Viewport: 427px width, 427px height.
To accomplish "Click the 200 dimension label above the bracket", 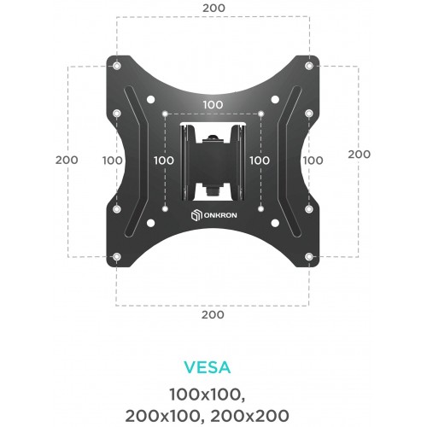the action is click(x=213, y=8).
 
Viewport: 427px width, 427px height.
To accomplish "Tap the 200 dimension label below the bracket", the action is click(x=213, y=315).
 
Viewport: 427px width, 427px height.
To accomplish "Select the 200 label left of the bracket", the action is click(x=67, y=160).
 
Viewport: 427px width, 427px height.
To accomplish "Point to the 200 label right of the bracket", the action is click(x=360, y=155).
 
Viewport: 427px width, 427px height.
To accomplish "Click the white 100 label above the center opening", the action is click(x=213, y=105).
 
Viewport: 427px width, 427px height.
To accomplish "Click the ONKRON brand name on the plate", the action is click(x=220, y=215).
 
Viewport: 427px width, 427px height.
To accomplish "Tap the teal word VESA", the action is click(x=207, y=367).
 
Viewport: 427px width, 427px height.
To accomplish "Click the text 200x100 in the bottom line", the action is click(x=162, y=416).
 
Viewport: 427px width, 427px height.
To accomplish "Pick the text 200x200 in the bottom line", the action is click(x=249, y=416).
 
